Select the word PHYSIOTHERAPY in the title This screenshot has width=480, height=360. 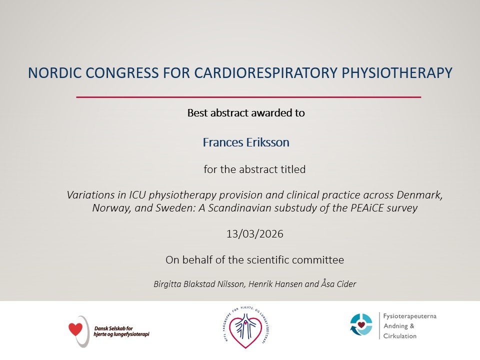396,73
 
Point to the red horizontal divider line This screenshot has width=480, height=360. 248,97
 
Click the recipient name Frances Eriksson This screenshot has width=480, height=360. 246,142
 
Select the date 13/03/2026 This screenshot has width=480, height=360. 254,234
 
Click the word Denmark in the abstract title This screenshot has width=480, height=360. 419,195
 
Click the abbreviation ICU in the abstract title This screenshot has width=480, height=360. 137,195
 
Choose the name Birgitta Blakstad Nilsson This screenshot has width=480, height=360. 199,284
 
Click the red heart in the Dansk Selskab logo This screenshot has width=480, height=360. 75,329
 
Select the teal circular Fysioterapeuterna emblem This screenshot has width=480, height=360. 361,324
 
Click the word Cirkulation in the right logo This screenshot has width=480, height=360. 400,336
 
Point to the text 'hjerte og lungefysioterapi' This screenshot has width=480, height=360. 121,334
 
